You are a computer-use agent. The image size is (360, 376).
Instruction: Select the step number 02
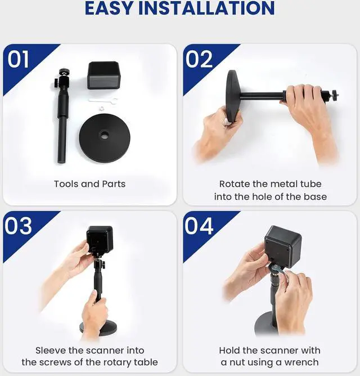pos(199,59)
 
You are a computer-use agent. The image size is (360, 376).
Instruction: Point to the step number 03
pos(19,226)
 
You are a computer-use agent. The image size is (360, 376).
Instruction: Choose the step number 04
pos(199,226)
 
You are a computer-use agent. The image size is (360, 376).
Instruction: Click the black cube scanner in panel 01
pos(103,75)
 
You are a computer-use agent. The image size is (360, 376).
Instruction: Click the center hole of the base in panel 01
pos(105,135)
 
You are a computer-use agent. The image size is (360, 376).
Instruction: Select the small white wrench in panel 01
pos(103,101)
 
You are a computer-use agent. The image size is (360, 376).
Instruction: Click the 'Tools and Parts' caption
pos(89,184)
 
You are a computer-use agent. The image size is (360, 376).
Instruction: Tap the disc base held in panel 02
pos(233,96)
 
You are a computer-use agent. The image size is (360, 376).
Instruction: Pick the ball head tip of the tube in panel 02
pos(334,95)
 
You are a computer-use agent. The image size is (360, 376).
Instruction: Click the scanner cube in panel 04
pos(283,246)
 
